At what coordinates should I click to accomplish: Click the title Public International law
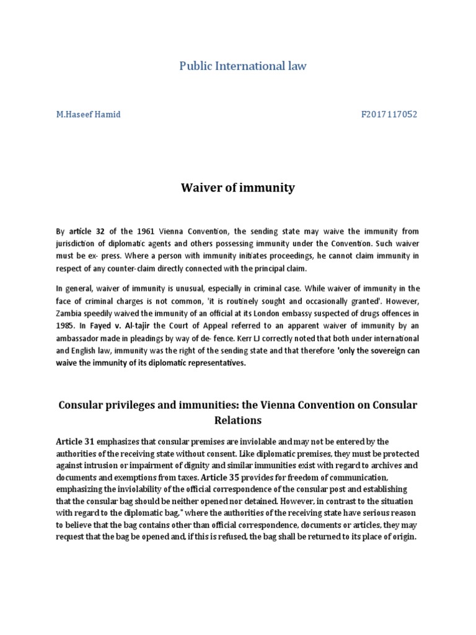point(242,66)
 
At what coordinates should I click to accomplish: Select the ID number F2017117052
point(389,115)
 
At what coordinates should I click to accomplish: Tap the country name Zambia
point(71,313)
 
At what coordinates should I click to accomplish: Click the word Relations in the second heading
point(237,420)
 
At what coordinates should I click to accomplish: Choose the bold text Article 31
point(75,442)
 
